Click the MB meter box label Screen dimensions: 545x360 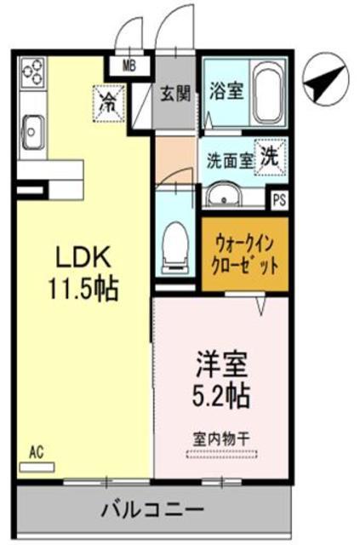tap(130, 64)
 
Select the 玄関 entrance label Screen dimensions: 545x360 tap(175, 91)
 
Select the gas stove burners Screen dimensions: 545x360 tap(35, 73)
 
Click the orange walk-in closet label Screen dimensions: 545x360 tap(244, 254)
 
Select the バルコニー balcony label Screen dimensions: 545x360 tap(153, 512)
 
